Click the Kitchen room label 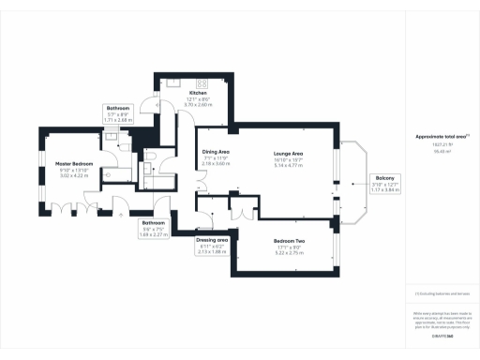coord(198,94)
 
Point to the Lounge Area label coord(287,153)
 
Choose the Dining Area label coord(216,153)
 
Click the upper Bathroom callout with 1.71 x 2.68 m coord(119,114)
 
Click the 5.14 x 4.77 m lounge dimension coord(287,164)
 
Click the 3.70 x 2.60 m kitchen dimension coord(198,104)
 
